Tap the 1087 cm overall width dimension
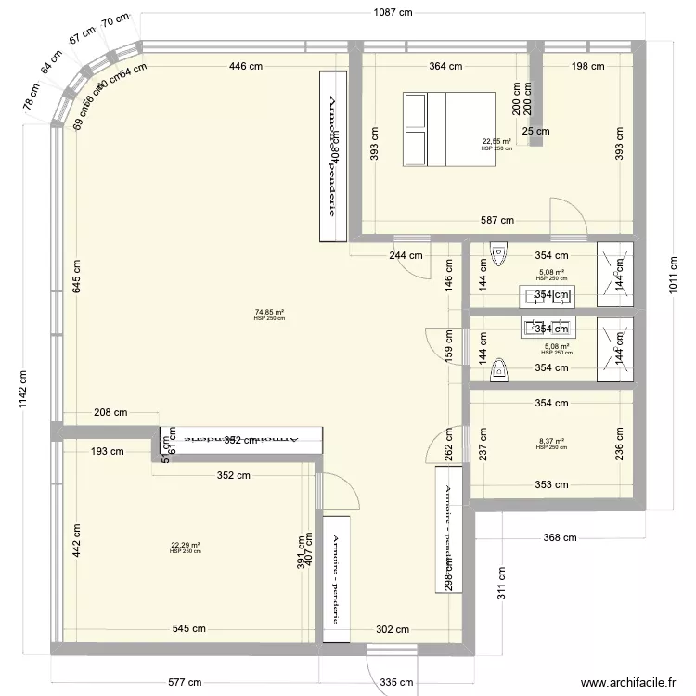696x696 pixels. pyautogui.click(x=387, y=12)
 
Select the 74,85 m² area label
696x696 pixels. pyautogui.click(x=269, y=313)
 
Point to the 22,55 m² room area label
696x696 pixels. pyautogui.click(x=496, y=142)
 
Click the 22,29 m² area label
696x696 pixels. pyautogui.click(x=186, y=546)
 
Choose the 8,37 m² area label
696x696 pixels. pyautogui.click(x=550, y=442)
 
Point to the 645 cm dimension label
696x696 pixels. pyautogui.click(x=76, y=275)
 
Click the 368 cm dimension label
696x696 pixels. pyautogui.click(x=561, y=537)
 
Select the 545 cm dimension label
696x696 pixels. pyautogui.click(x=187, y=629)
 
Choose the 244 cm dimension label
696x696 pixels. pyautogui.click(x=406, y=255)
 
